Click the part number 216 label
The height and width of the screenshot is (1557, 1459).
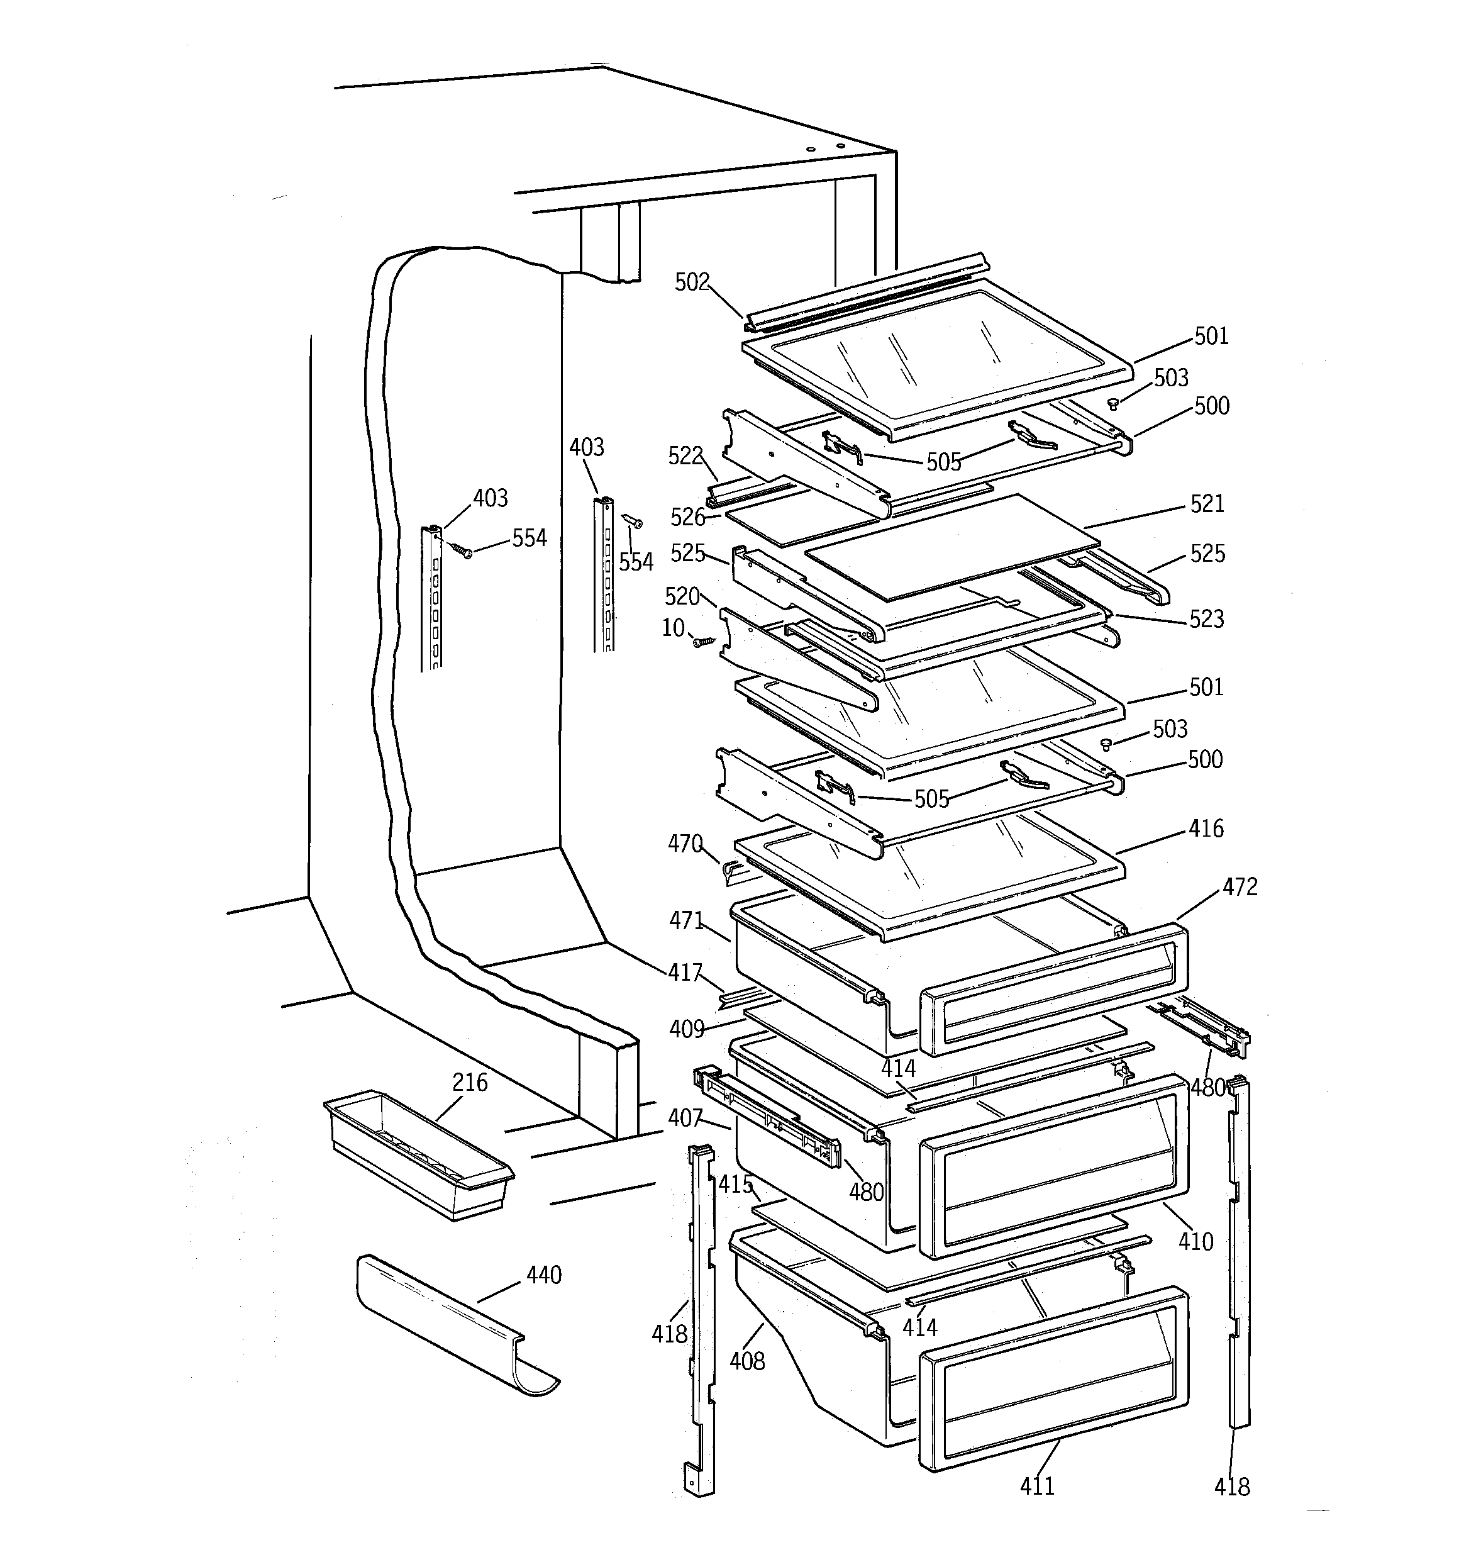pos(469,1083)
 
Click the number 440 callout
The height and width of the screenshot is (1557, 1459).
pos(543,1276)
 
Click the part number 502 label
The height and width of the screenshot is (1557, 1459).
pos(692,282)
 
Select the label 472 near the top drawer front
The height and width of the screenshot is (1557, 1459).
pos(1240,888)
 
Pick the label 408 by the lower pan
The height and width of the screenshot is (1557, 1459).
pos(746,1361)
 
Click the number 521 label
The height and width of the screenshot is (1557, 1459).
pos(1207,504)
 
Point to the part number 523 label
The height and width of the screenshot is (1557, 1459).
pos(1206,620)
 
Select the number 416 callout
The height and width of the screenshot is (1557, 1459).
pos(1206,829)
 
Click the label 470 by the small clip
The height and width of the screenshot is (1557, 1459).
pos(684,844)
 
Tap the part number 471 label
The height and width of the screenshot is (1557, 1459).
pos(686,920)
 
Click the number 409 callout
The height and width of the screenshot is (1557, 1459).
pos(686,1029)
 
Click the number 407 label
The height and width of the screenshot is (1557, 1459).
pos(684,1119)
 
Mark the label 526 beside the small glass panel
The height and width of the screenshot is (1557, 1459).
pos(687,517)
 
